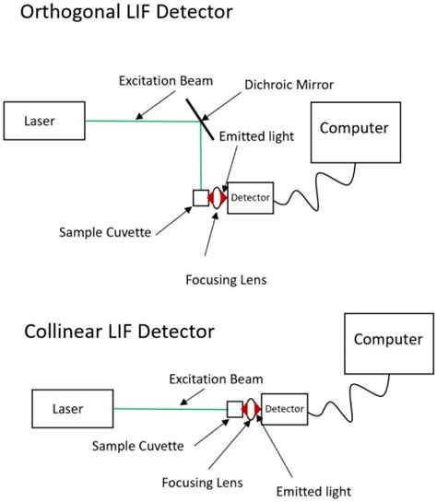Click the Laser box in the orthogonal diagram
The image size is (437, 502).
[43, 120]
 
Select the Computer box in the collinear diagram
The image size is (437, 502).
[387, 339]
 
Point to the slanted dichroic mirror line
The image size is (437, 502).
[199, 116]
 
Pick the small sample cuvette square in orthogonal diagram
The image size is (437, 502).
[200, 197]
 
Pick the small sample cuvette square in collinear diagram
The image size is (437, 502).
[234, 407]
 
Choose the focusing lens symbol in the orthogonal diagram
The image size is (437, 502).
[218, 198]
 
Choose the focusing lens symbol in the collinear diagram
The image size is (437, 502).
[251, 407]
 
